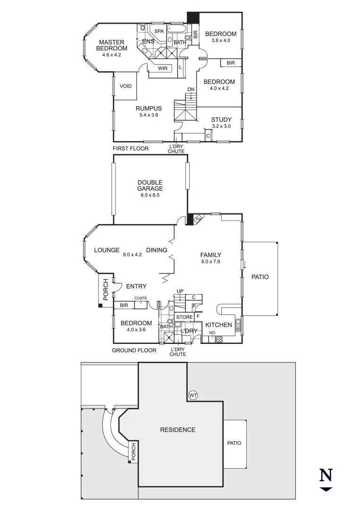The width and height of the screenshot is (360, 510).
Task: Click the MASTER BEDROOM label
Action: [x=111, y=45]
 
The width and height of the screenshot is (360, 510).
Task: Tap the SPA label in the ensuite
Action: [x=159, y=31]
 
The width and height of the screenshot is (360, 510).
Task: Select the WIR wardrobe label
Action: [x=163, y=68]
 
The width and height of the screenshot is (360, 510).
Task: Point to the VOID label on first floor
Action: [x=126, y=86]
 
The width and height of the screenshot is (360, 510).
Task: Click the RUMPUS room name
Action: [x=149, y=108]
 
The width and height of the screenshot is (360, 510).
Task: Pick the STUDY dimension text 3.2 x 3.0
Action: [x=221, y=126]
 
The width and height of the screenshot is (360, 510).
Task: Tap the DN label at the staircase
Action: [x=191, y=89]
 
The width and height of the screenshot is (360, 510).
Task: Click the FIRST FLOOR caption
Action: [x=130, y=149]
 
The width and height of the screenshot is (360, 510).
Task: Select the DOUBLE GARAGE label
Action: [x=150, y=186]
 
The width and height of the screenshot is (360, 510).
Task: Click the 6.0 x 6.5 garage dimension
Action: [x=150, y=195]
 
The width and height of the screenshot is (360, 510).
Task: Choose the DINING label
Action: [x=157, y=250]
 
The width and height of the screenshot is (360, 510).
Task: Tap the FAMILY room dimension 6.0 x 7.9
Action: [x=211, y=261]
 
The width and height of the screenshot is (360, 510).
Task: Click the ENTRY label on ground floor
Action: [x=136, y=286]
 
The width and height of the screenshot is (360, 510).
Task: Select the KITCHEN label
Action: [x=218, y=325]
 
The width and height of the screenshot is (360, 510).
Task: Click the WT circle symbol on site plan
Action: [x=193, y=394]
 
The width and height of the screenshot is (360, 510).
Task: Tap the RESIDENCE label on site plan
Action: [x=177, y=430]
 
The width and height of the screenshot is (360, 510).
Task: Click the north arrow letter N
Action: [x=326, y=475]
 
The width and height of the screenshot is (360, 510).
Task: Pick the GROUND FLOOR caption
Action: [x=134, y=350]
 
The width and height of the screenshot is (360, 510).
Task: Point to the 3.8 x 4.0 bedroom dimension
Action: [x=221, y=41]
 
